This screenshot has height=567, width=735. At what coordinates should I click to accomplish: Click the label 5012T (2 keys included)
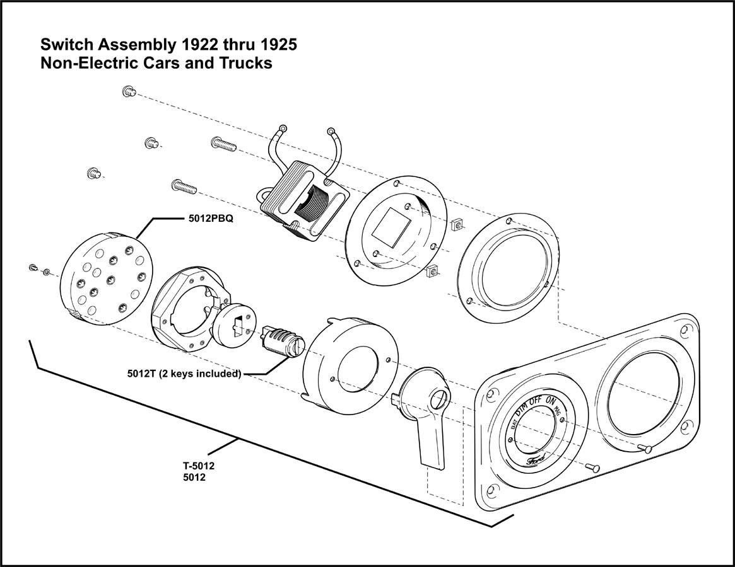(184, 373)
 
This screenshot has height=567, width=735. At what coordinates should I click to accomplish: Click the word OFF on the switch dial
(536, 401)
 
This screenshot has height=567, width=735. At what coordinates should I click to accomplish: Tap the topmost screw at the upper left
(128, 91)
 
